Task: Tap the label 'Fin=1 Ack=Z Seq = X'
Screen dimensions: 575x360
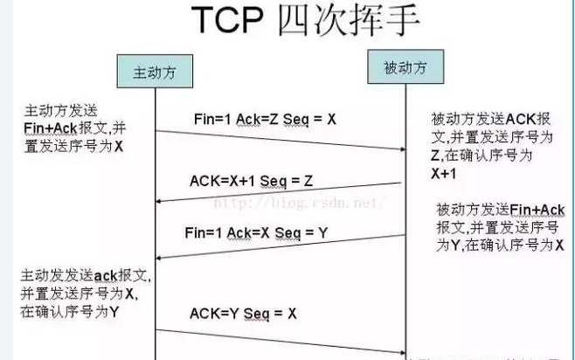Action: (265, 118)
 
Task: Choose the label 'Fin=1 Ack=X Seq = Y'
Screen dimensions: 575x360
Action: (257, 233)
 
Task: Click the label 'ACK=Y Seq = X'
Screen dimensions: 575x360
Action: (243, 313)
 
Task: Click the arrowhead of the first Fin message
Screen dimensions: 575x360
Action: (403, 149)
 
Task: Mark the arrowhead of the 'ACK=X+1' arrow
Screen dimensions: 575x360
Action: (159, 202)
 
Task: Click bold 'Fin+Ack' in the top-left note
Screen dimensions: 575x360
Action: (50, 129)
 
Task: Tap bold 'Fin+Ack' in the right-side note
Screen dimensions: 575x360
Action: (537, 211)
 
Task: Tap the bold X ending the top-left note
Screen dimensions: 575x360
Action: (118, 146)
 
